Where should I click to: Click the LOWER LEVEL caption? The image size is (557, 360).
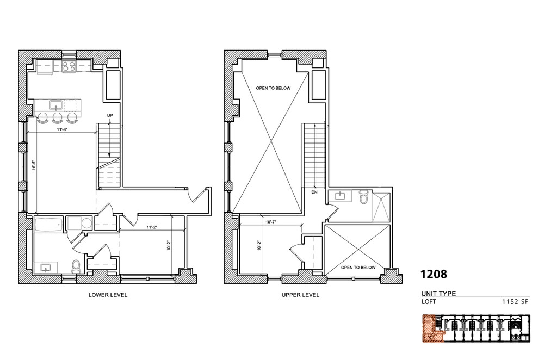pos(108,295)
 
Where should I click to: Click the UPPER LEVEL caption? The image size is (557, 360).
pos(300,295)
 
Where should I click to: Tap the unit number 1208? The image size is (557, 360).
pos(434,274)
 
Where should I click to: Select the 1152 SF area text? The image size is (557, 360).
pos(515,302)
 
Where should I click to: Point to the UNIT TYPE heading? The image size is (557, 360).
pos(438,294)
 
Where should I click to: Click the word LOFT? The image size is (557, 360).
pos(429,302)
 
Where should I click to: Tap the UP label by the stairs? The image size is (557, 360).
pos(110,115)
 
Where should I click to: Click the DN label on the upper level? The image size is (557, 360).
pos(314,192)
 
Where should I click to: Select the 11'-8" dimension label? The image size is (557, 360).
pos(62,129)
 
